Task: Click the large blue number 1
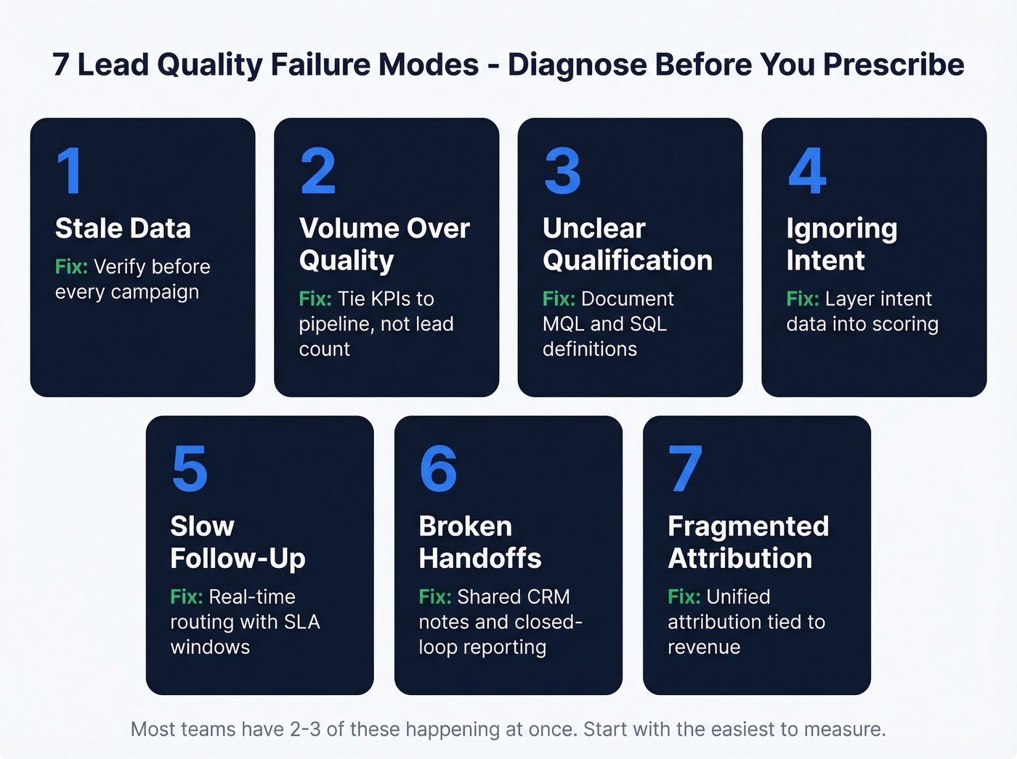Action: point(70,171)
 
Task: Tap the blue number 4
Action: point(807,171)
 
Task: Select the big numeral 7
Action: point(685,469)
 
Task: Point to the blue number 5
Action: point(190,469)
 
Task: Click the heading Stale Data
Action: point(123,228)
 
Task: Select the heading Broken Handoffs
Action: point(480,542)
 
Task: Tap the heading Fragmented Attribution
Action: point(747,542)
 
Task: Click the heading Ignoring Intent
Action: point(841,244)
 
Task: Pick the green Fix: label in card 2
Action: point(315,299)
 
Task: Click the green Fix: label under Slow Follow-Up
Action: point(186,596)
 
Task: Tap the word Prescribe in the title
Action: point(894,65)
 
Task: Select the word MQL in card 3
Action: point(563,324)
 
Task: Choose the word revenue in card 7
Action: point(704,647)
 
